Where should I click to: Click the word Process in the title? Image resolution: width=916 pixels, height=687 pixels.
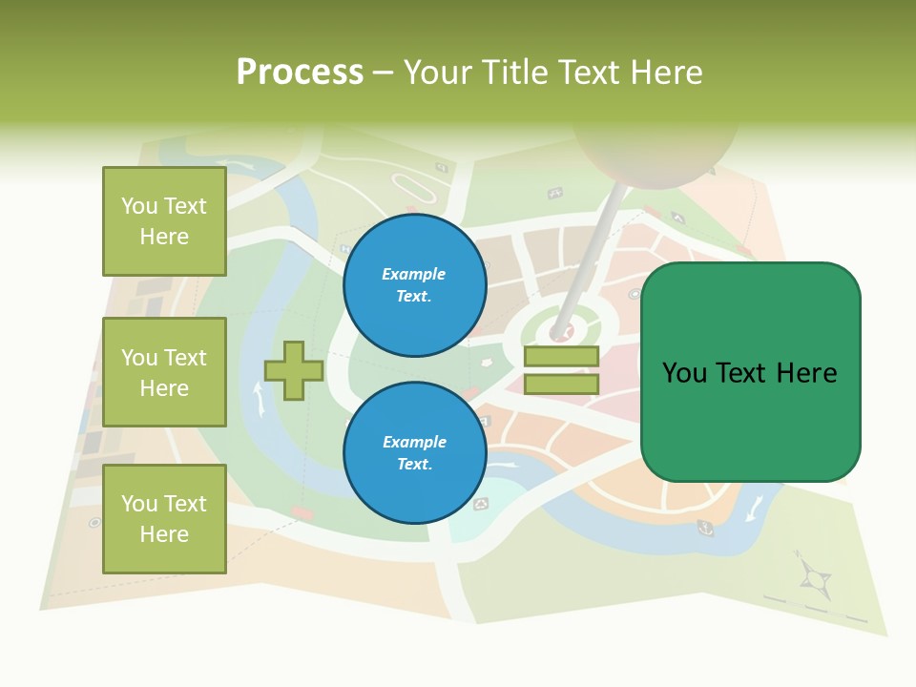pos(300,72)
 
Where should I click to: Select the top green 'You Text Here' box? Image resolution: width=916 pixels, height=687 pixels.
pos(164,221)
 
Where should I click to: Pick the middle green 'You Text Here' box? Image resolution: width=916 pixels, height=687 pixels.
pos(164,372)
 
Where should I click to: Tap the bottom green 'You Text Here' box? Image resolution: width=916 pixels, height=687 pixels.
pos(164,518)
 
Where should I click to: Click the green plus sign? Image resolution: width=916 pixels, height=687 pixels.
pos(294,369)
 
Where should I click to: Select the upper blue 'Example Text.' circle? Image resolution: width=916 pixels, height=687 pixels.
pos(414,285)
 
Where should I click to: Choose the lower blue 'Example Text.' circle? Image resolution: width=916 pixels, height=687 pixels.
pos(414,453)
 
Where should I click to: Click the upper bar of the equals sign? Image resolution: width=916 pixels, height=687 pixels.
pos(561,357)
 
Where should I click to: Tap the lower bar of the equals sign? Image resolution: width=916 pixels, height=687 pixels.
pos(561,384)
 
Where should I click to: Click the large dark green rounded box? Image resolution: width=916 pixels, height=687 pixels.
pos(750,372)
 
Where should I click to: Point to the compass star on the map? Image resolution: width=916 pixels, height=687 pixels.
pos(814,576)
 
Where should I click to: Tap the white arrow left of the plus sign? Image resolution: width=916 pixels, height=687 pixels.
pos(258,397)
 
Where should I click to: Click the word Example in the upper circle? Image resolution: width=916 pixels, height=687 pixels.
pos(414,274)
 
